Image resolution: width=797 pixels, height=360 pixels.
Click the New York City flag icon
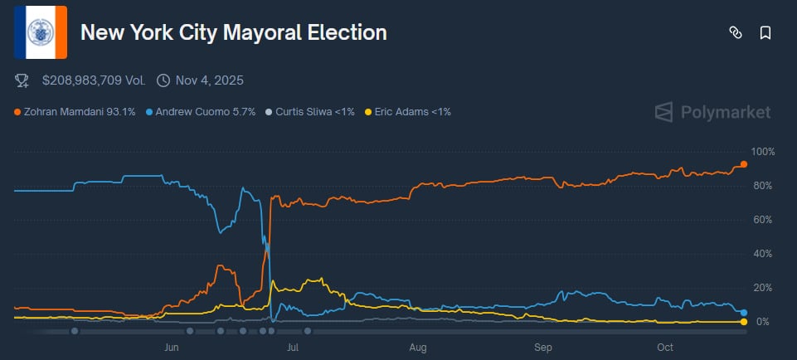(x=41, y=33)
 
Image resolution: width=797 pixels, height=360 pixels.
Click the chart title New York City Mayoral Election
(x=233, y=33)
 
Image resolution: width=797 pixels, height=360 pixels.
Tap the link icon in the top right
(x=734, y=33)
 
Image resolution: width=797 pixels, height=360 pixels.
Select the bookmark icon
(x=765, y=33)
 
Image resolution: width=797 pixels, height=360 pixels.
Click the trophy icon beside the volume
(x=22, y=80)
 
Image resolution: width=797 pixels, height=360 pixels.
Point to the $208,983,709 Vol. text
(x=93, y=80)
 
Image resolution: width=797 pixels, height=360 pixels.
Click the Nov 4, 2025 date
(x=209, y=80)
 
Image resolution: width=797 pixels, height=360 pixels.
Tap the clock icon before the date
(x=163, y=80)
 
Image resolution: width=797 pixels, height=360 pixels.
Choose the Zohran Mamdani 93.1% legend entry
(x=75, y=112)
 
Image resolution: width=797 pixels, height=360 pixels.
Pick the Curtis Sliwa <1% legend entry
(x=311, y=112)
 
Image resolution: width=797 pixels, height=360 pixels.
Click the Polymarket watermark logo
(x=713, y=112)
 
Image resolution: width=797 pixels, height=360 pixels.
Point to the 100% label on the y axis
(x=761, y=152)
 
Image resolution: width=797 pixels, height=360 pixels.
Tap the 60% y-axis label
(x=763, y=220)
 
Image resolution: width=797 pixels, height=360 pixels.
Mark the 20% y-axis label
(x=763, y=288)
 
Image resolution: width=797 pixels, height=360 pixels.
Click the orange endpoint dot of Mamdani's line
(x=744, y=164)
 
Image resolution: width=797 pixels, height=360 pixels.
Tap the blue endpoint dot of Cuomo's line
(x=744, y=312)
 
